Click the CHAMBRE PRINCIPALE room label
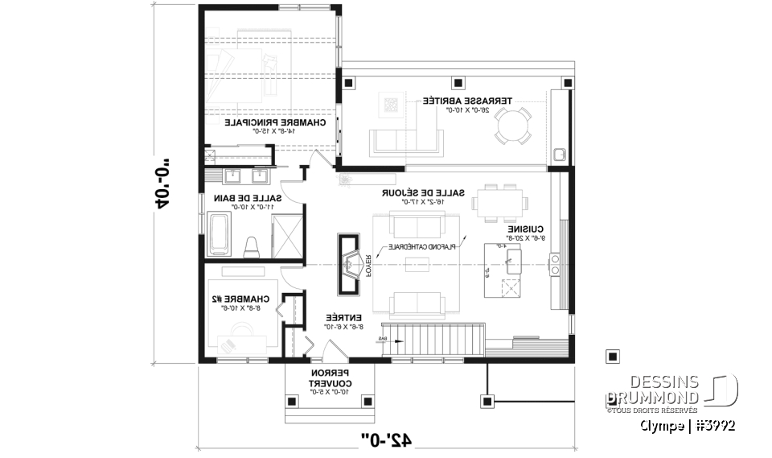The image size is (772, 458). pos(275,124)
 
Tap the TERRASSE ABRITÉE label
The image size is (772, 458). pos(458,102)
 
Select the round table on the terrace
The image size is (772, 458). pos(512,126)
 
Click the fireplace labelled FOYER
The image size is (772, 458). pos(347,262)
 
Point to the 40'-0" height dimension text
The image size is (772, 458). pos(160,187)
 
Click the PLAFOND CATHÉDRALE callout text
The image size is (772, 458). pos(424,246)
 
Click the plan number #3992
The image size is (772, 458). pos(714,424)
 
